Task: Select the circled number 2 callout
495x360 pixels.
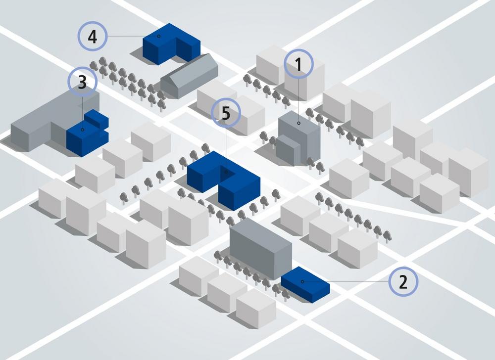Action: pyautogui.click(x=403, y=282)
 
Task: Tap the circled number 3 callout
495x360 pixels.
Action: pyautogui.click(x=82, y=83)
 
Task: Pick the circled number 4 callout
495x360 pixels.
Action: pyautogui.click(x=92, y=36)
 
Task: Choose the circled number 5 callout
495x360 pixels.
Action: pyautogui.click(x=226, y=113)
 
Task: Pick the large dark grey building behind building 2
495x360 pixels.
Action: pyautogui.click(x=260, y=247)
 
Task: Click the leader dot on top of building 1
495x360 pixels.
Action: pyautogui.click(x=298, y=123)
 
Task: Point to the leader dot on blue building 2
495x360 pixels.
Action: pyautogui.click(x=302, y=282)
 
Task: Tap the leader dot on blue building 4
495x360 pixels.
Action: pyautogui.click(x=158, y=36)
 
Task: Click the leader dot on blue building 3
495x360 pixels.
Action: pyautogui.click(x=83, y=130)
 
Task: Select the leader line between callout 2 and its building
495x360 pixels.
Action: pyautogui.click(x=346, y=282)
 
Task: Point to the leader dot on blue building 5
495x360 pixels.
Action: pyautogui.click(x=226, y=173)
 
